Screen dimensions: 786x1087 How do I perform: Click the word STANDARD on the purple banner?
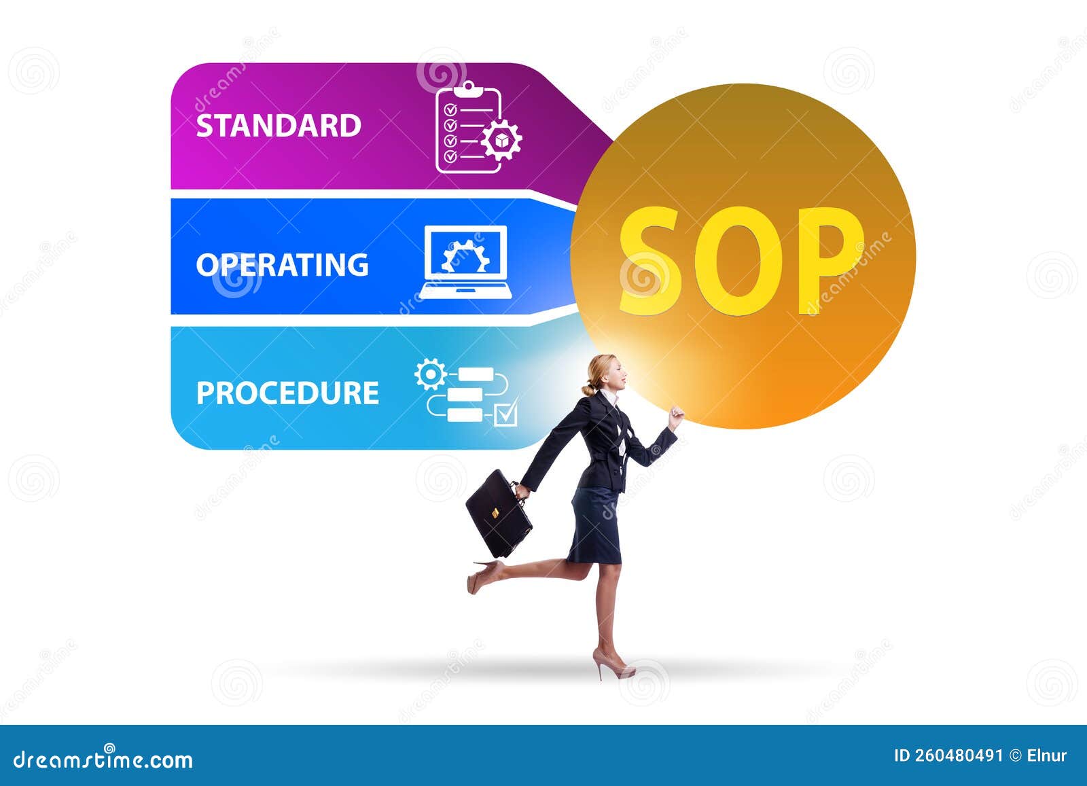click(279, 126)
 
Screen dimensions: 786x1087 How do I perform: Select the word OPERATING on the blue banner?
click(282, 264)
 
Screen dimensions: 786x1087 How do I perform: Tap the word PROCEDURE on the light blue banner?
click(287, 393)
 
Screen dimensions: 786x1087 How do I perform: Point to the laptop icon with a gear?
click(465, 262)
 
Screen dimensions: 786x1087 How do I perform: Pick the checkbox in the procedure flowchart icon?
click(505, 414)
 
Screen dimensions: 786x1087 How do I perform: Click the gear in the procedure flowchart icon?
click(430, 374)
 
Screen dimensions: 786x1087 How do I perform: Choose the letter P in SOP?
click(830, 258)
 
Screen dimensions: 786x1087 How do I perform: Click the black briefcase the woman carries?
click(498, 512)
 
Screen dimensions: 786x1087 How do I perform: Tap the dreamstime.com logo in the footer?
click(103, 760)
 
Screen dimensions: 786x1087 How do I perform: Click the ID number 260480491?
click(958, 755)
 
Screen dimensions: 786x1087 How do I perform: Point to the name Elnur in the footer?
click(1047, 755)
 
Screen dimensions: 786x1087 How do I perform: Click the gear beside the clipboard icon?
click(501, 140)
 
